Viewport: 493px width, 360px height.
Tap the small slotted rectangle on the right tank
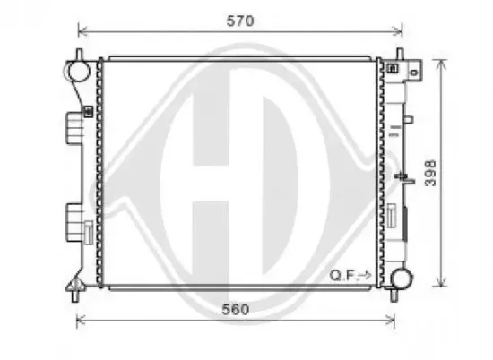point(393,216)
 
